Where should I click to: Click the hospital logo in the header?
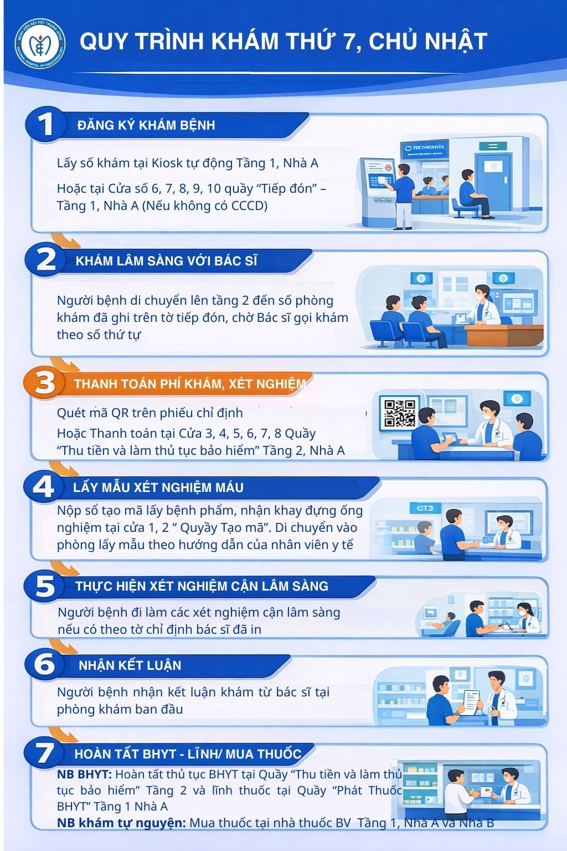click(x=40, y=44)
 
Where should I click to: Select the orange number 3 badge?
click(x=44, y=383)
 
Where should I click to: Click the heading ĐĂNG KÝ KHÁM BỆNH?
click(x=146, y=125)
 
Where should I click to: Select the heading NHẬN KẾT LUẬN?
click(x=130, y=665)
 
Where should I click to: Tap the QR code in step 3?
click(x=399, y=413)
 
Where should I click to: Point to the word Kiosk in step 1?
click(x=167, y=163)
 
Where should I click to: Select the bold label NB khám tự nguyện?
click(x=121, y=823)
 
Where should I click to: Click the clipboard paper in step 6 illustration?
click(x=472, y=703)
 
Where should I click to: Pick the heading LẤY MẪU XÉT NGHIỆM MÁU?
click(x=158, y=488)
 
